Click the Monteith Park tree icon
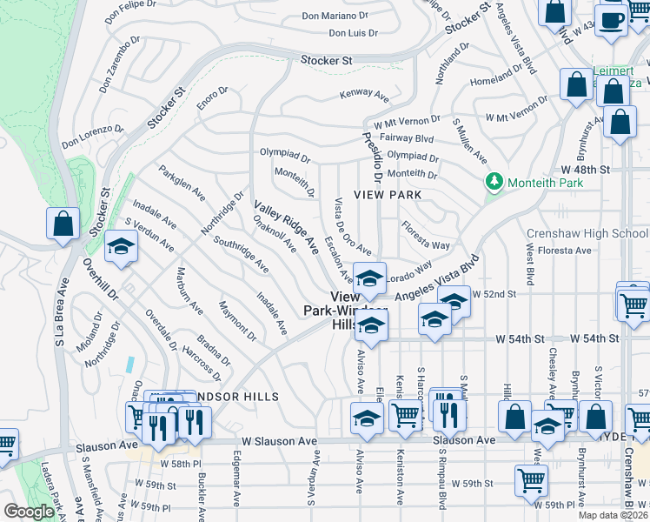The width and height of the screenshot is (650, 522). pos(495,182)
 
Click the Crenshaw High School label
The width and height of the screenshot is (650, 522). pos(587,233)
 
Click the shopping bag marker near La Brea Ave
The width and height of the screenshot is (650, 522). pos(63,224)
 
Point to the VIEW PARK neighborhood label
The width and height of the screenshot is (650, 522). pos(388,195)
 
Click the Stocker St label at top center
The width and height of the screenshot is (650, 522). pos(326,61)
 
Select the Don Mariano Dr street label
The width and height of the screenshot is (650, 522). pos(341,16)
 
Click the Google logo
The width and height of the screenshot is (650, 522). pos(30,512)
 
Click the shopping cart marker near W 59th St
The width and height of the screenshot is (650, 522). pos(531,479)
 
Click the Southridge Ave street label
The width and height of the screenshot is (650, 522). pos(241,256)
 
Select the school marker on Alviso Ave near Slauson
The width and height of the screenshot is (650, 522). pos(367,418)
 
